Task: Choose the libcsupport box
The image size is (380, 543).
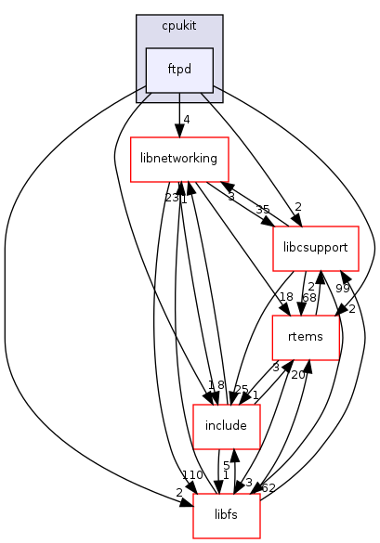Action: [x=315, y=249]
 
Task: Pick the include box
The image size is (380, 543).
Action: [x=218, y=426]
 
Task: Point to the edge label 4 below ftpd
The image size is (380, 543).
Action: [x=187, y=119]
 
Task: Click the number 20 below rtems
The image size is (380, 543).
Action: [x=297, y=375]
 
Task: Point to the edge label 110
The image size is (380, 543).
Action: [x=193, y=474]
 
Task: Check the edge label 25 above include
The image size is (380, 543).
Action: [x=241, y=389]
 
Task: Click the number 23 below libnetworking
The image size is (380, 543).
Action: [x=172, y=198]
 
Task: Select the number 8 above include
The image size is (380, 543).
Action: [x=220, y=385]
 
